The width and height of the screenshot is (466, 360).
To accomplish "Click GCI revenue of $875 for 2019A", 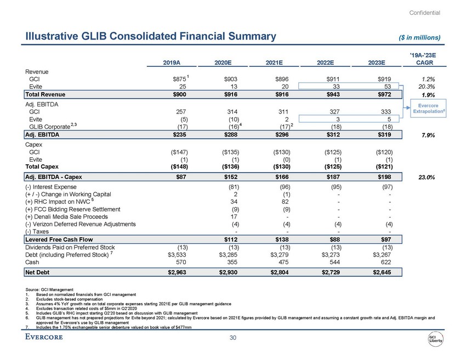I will click(x=175, y=79).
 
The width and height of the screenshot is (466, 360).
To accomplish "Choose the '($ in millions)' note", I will click(x=418, y=37).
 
